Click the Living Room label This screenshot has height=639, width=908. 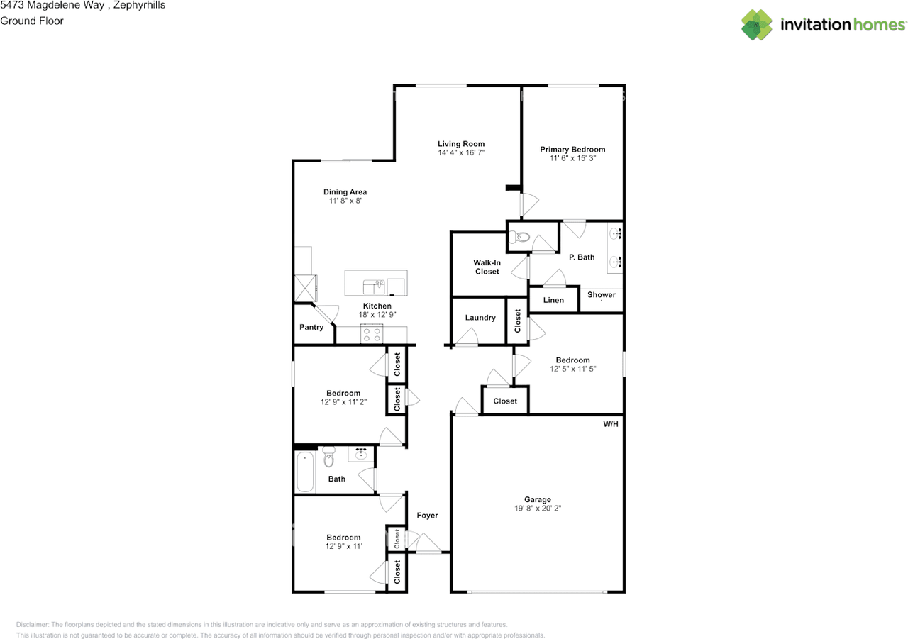(461, 144)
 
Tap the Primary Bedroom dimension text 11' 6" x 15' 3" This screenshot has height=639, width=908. (572, 158)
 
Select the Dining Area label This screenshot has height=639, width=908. (345, 192)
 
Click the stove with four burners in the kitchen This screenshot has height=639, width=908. (372, 335)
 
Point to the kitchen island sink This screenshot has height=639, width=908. (374, 287)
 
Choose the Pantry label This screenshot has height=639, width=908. (311, 327)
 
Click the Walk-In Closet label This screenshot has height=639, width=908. (487, 267)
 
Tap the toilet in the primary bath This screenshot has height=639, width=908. (519, 237)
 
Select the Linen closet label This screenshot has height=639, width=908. (553, 300)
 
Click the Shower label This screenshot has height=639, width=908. (601, 295)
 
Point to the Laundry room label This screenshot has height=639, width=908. (480, 318)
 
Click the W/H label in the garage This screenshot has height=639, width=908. (611, 424)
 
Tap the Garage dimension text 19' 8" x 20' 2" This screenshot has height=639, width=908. (538, 509)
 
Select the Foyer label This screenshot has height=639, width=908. (427, 516)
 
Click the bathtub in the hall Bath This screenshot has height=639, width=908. (305, 472)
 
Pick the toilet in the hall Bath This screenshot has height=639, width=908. (328, 457)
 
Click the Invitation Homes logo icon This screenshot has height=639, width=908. (756, 25)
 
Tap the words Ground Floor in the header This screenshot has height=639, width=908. (32, 21)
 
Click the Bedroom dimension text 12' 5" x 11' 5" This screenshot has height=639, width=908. (572, 369)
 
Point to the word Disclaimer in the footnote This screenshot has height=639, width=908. (32, 625)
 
